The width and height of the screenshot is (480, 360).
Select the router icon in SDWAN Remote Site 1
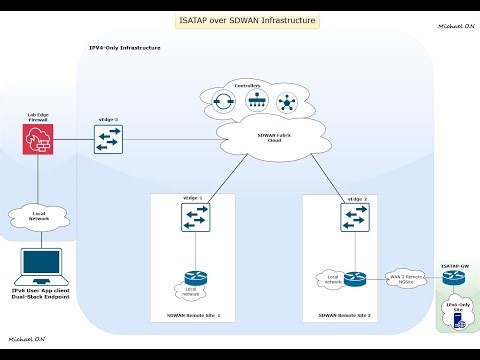[194, 281]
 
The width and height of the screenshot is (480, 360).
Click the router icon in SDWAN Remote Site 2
[355, 279]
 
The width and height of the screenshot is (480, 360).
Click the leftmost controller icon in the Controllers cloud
[238, 102]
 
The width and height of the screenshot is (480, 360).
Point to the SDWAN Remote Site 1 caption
[193, 315]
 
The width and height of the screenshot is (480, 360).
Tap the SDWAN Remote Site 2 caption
[345, 315]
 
